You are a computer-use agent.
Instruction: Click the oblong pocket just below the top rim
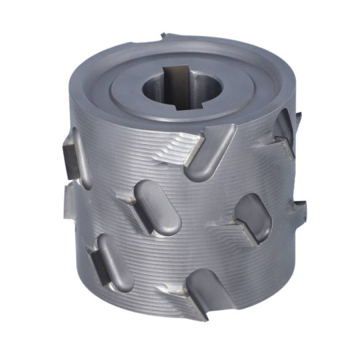pos(211,153)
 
